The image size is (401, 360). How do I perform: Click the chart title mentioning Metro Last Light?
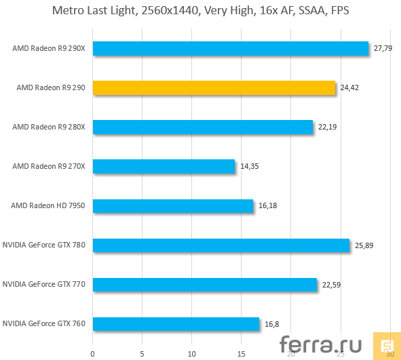pyautogui.click(x=200, y=12)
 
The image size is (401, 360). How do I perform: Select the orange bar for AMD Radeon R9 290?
pyautogui.click(x=214, y=87)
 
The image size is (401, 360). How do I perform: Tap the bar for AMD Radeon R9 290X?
pyautogui.click(x=231, y=48)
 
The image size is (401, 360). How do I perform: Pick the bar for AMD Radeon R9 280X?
pyautogui.click(x=203, y=127)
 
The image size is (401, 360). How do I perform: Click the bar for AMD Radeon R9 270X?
pyautogui.click(x=164, y=166)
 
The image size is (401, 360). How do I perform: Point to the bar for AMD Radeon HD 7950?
pyautogui.click(x=173, y=205)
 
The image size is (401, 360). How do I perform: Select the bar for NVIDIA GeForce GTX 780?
pyautogui.click(x=221, y=245)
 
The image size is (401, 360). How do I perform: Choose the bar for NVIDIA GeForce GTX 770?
pyautogui.click(x=205, y=284)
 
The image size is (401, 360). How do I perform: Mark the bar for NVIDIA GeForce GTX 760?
pyautogui.click(x=176, y=323)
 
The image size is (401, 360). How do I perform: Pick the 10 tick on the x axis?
pyautogui.click(x=192, y=353)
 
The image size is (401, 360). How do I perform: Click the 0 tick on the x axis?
pyautogui.click(x=93, y=353)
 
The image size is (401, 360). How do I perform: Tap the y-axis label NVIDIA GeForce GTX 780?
pyautogui.click(x=44, y=245)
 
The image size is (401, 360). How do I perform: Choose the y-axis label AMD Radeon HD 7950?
pyautogui.click(x=48, y=205)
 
